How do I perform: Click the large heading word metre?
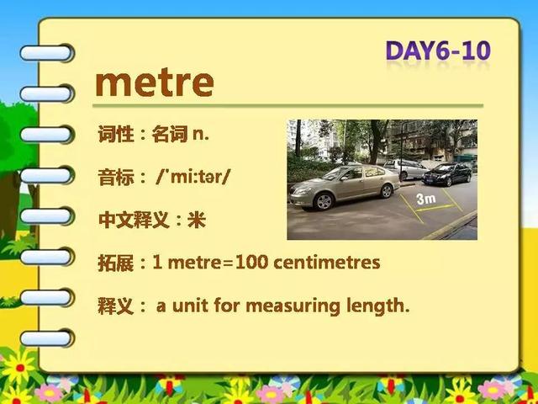pos(155,83)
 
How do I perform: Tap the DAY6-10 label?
pos(438,51)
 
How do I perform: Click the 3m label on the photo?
pos(426,199)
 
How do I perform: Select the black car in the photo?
pos(446,174)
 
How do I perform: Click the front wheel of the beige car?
pos(324,201)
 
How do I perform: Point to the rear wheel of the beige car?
pos(387,191)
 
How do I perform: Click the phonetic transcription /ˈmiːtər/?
pos(192,178)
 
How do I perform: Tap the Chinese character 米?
pos(197,220)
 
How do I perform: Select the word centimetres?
pos(327,263)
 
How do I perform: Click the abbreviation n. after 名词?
pos(201,135)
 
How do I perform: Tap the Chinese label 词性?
pos(116,134)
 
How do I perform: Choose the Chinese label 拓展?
pos(116,263)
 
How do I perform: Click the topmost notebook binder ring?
pos(47,53)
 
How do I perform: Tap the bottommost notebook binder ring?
pos(47,338)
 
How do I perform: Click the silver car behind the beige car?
pos(405,168)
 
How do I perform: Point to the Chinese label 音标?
pos(116,178)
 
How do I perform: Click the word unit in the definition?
pos(190,305)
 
